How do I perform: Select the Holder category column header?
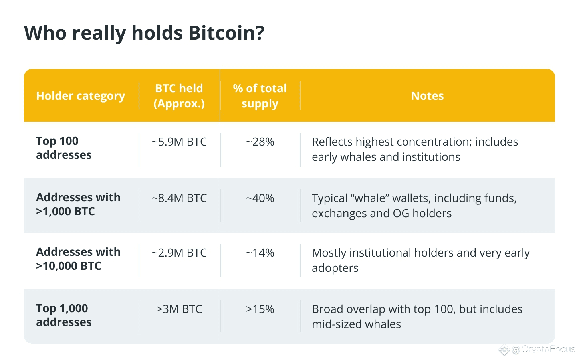click(x=80, y=96)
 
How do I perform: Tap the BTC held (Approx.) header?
click(x=179, y=96)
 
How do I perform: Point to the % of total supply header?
click(x=260, y=96)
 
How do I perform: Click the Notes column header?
click(x=427, y=96)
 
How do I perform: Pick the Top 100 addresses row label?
click(x=63, y=148)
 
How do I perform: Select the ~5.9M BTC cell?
click(x=179, y=142)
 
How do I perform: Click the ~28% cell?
click(x=260, y=142)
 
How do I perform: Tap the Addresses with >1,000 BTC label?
click(x=78, y=204)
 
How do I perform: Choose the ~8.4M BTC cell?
click(x=179, y=198)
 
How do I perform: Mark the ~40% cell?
click(x=260, y=198)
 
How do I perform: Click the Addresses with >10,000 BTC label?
click(x=78, y=259)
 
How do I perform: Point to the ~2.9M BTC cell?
click(x=179, y=253)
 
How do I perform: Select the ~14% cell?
click(x=260, y=253)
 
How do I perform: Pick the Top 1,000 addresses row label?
click(x=63, y=315)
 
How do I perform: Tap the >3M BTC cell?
click(x=179, y=309)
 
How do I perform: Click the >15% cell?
click(x=260, y=309)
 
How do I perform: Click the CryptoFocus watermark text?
click(x=548, y=349)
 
